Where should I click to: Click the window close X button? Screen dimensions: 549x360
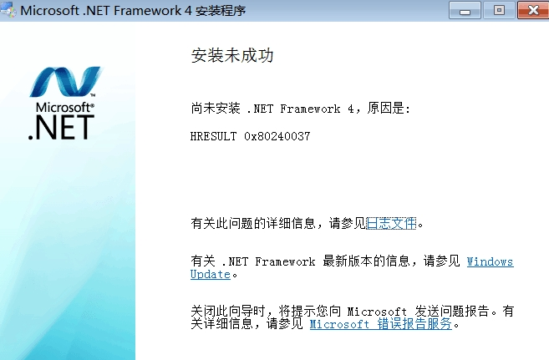533,10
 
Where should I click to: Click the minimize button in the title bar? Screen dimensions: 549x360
465,10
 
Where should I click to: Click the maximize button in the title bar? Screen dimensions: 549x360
499,10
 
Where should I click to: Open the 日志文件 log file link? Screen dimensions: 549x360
391,223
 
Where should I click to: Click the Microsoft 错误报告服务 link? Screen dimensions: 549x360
380,324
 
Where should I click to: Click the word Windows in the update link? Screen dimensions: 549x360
491,261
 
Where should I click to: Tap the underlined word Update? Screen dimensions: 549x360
211,274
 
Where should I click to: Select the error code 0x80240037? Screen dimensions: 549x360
277,136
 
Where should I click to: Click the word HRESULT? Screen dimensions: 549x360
213,136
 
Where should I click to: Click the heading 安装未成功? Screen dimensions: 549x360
232,56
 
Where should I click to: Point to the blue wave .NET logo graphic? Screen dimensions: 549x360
65,82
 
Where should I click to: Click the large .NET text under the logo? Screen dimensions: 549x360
61,128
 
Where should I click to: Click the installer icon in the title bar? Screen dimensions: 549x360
8,10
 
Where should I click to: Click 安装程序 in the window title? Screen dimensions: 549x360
221,11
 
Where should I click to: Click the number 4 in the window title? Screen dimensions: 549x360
188,11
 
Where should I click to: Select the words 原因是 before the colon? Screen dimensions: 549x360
385,108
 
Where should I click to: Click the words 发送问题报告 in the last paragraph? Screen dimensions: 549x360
452,311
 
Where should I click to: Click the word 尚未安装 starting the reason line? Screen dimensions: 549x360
216,108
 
